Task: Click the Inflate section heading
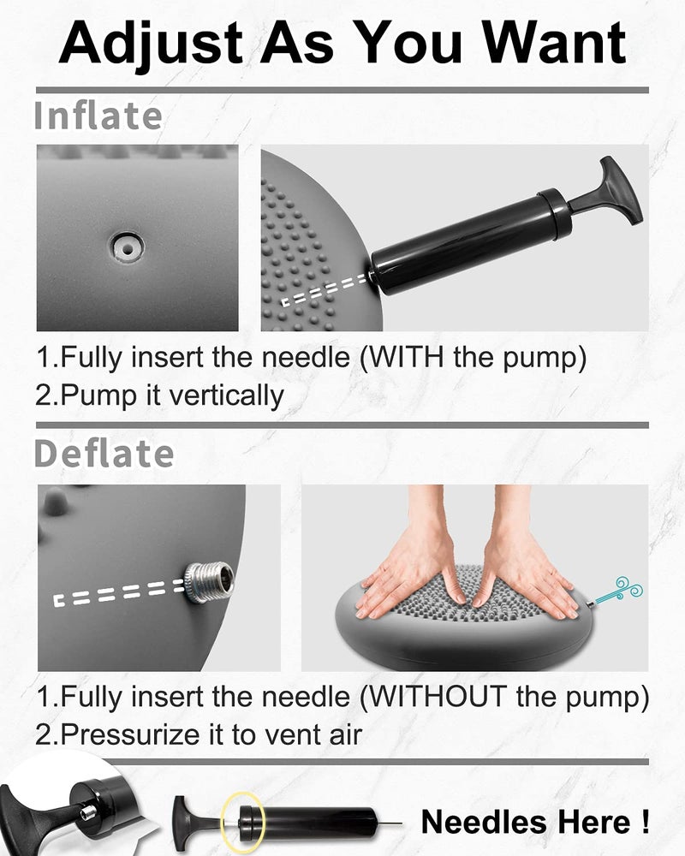click(98, 116)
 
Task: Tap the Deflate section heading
click(104, 453)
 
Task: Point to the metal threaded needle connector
click(209, 582)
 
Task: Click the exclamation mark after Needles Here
click(645, 822)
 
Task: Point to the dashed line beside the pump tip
click(325, 290)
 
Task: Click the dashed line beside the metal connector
click(120, 593)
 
